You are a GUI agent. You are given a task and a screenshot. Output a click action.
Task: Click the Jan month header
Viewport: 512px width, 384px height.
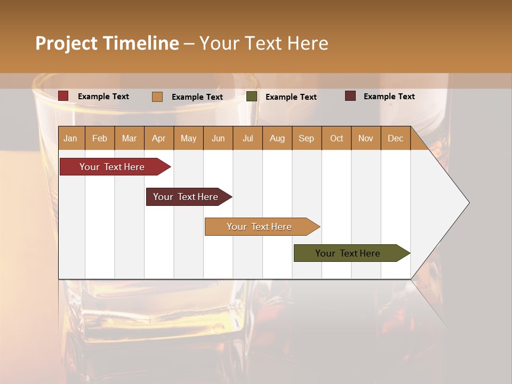point(70,138)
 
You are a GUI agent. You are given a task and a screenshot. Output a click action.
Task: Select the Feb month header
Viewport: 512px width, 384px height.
point(100,138)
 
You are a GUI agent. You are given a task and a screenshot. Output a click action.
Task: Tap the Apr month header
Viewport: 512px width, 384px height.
point(158,138)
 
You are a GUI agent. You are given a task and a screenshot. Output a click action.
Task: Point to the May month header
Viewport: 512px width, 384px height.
point(188,138)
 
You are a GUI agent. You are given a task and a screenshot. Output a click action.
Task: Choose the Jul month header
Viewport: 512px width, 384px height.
point(247,138)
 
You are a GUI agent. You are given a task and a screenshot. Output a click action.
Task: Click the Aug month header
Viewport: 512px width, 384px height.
point(277,138)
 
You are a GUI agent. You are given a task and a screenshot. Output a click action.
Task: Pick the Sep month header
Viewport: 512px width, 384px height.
point(306,138)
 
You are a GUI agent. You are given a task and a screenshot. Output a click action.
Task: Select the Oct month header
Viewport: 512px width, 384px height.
point(336,138)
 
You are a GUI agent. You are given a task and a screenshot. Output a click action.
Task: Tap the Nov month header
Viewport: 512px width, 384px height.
point(365,138)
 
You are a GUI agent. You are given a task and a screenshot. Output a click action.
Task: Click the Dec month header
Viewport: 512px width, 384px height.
point(395,138)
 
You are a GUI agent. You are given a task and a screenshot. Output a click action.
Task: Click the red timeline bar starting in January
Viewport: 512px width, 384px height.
point(112,167)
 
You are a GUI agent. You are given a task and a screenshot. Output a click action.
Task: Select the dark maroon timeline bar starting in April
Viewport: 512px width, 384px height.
point(186,197)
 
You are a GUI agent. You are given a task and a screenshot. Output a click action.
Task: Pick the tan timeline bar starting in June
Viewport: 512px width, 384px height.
point(259,227)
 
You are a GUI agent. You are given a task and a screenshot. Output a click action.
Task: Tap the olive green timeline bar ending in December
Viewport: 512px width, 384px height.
point(348,253)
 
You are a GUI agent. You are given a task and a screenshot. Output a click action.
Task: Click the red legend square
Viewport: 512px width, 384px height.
point(63,96)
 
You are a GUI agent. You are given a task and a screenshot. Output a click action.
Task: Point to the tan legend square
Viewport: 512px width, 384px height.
point(157,97)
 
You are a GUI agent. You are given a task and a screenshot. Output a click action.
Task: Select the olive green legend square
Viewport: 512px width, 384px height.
point(252,97)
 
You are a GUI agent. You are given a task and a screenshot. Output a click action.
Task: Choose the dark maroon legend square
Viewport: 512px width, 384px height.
point(350,96)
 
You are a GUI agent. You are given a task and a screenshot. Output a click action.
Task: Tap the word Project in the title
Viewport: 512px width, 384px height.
point(66,43)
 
